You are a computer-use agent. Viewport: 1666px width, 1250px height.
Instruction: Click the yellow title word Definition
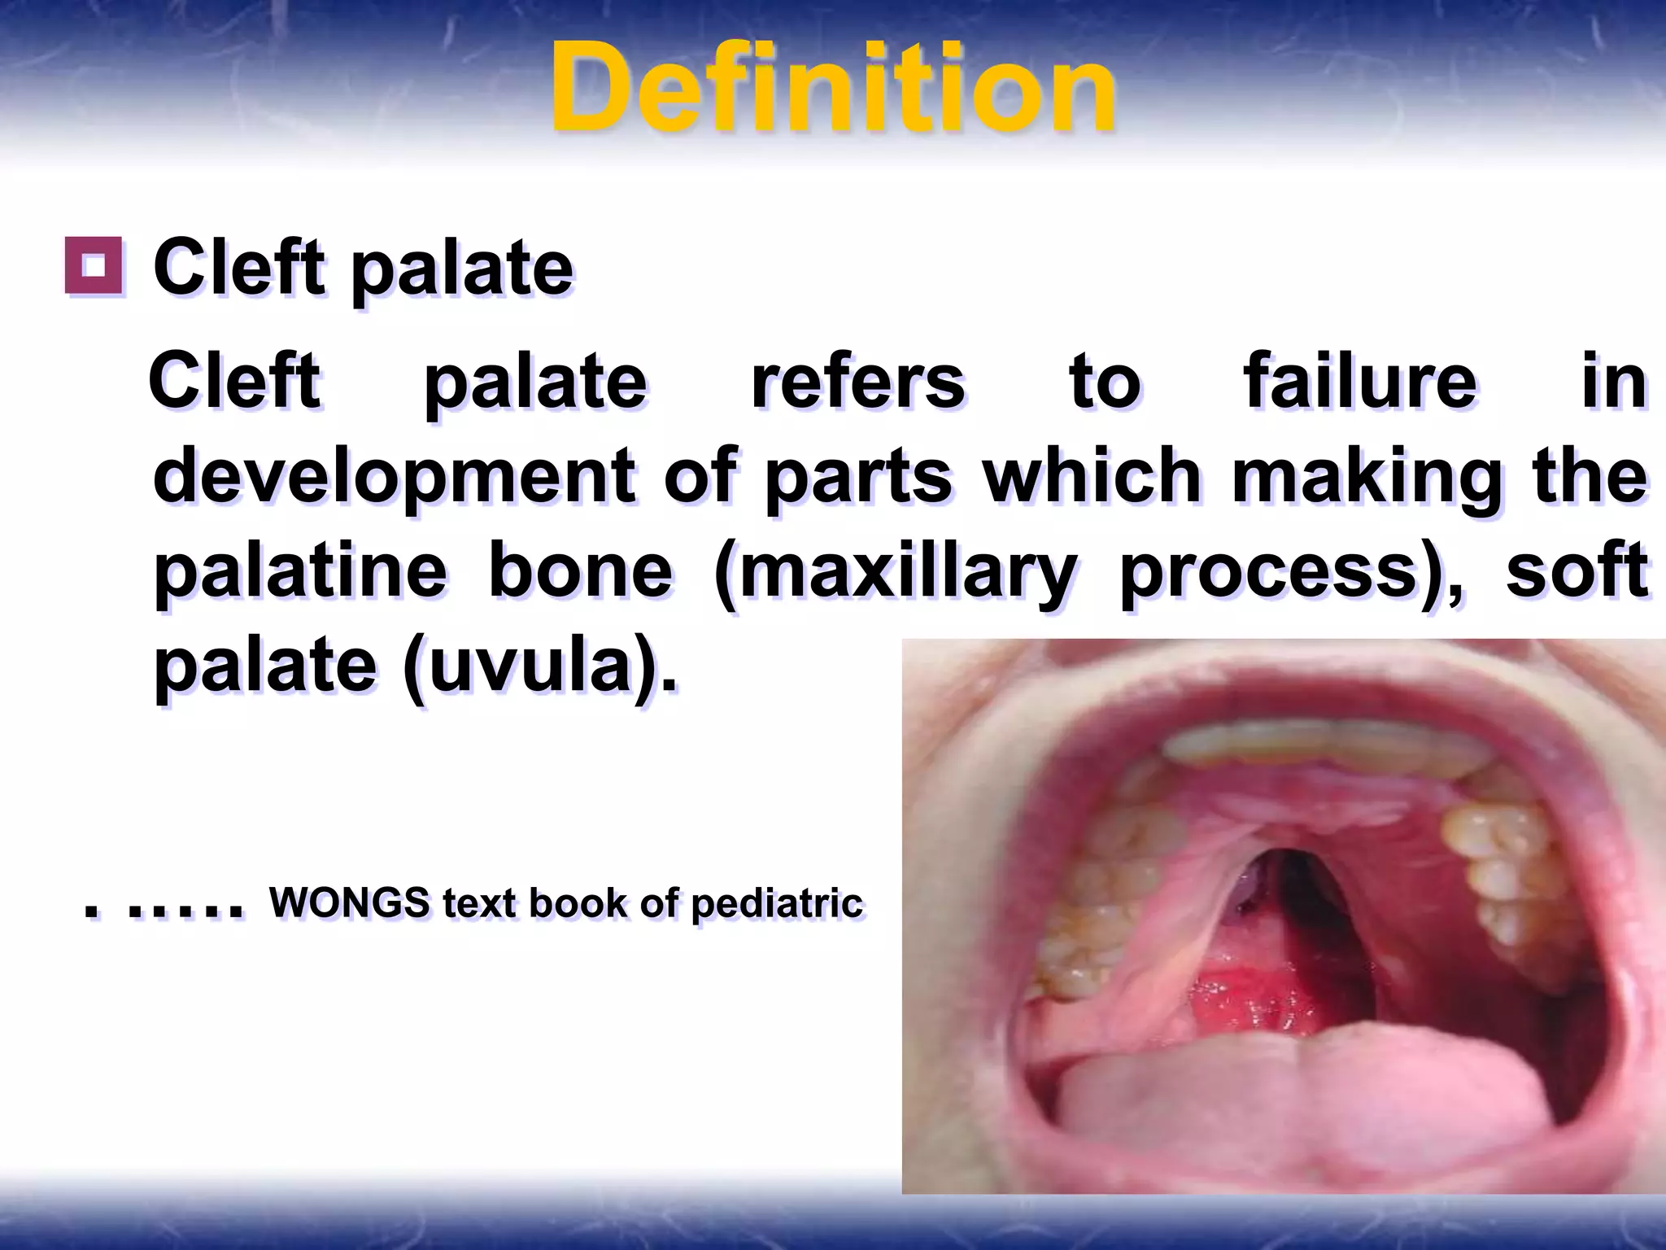tap(832, 88)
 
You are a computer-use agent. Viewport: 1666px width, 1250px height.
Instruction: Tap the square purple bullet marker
tap(94, 265)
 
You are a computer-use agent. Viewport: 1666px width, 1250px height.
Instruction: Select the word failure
tap(1359, 382)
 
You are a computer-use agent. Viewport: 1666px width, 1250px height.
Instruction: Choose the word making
tap(1367, 478)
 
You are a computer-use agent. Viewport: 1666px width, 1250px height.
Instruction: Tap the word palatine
tap(300, 571)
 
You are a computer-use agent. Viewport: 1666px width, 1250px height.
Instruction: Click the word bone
tap(580, 571)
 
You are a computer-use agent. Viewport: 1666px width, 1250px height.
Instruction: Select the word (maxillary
tap(894, 573)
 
